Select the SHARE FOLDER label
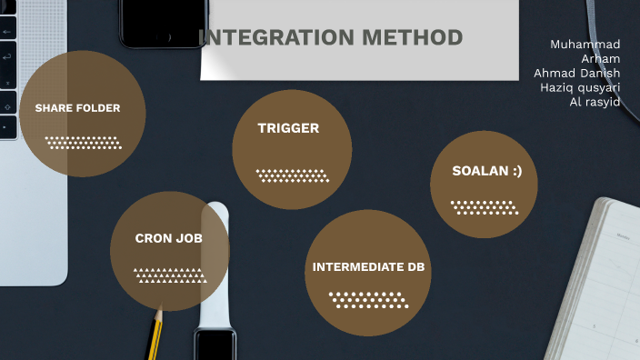click(x=77, y=108)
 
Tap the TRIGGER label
click(x=288, y=128)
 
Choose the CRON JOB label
click(x=168, y=238)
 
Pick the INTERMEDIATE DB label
click(x=368, y=267)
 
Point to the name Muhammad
click(x=585, y=44)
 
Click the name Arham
click(x=600, y=58)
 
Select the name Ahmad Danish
click(x=576, y=73)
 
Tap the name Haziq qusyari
click(x=579, y=87)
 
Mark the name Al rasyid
click(x=595, y=102)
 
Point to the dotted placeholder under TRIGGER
click(x=292, y=175)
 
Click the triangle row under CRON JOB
click(x=170, y=275)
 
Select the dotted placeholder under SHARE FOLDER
click(x=83, y=143)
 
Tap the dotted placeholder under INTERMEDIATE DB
click(x=367, y=299)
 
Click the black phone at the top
click(x=164, y=23)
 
